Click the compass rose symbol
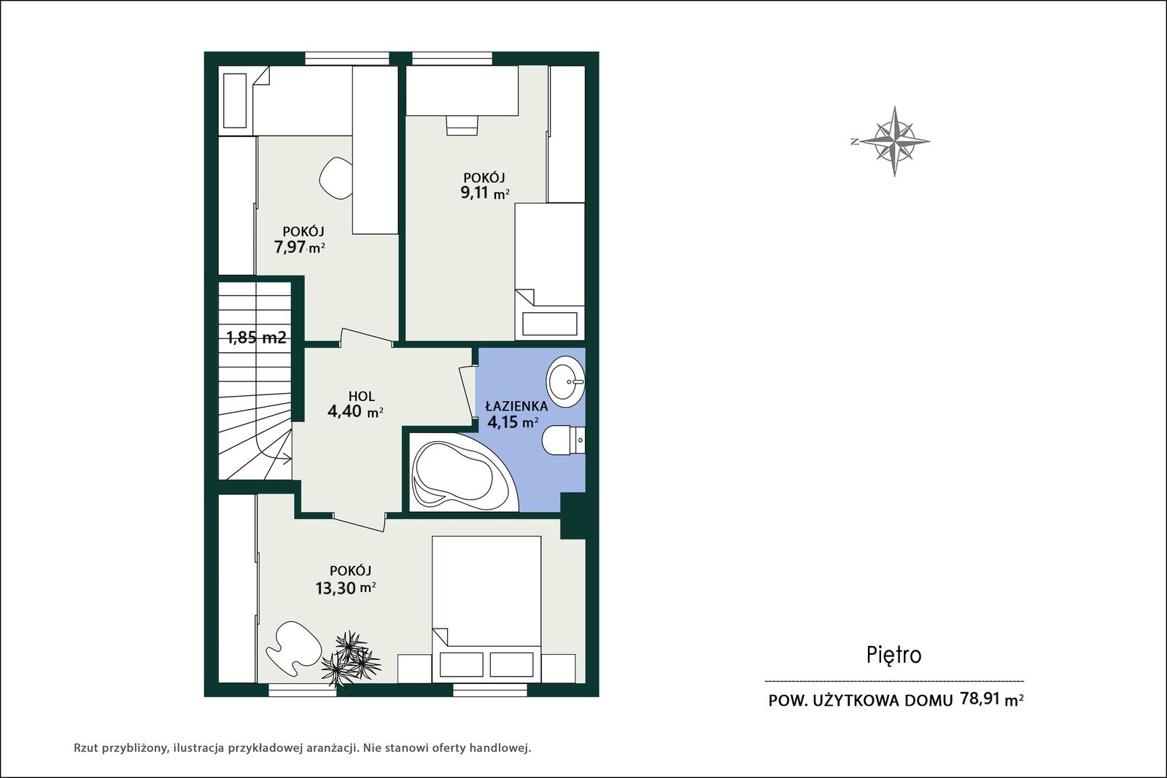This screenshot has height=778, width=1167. (894, 141)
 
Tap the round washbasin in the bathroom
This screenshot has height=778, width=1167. (565, 382)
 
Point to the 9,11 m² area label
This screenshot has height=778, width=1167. (484, 193)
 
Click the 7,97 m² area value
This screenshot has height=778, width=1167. (300, 247)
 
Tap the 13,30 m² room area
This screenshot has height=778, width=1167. (346, 588)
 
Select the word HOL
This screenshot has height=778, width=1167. (362, 396)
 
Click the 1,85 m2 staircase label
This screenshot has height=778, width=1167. (256, 338)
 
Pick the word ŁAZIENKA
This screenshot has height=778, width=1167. (516, 405)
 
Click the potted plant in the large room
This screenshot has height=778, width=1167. (351, 660)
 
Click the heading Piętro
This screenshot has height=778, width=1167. (894, 656)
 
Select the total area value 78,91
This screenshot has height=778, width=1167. (980, 699)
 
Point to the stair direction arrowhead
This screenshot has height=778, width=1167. (287, 459)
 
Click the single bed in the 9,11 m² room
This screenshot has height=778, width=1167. (550, 271)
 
